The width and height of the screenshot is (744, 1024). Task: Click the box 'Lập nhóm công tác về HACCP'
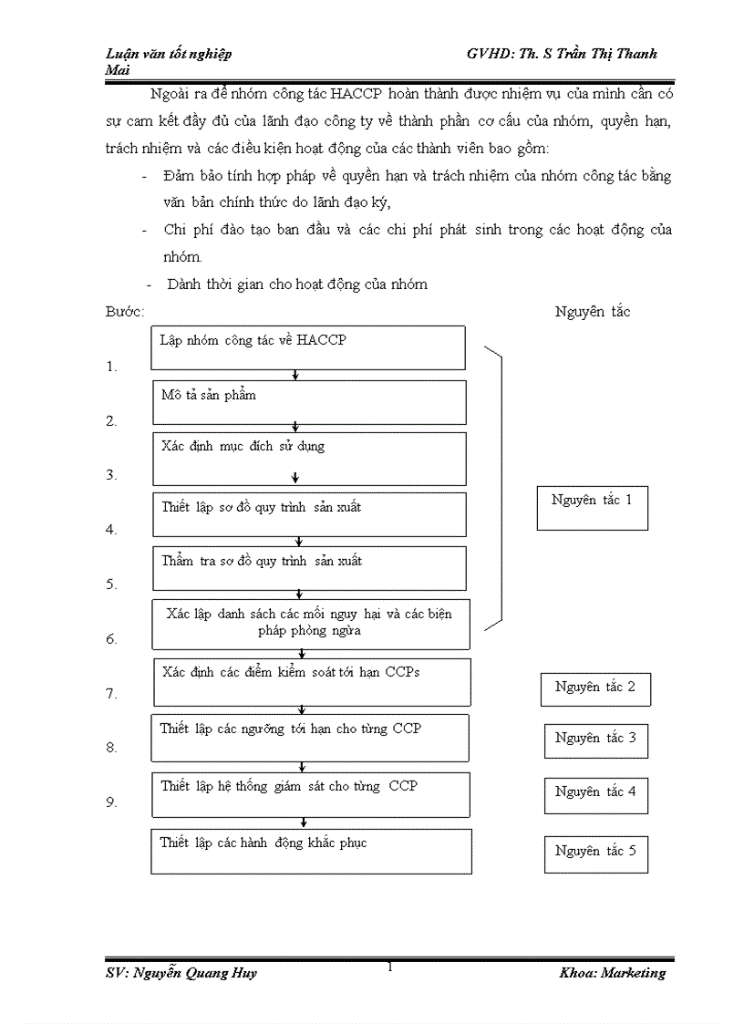pos(307,347)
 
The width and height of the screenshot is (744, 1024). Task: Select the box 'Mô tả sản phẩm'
pos(308,402)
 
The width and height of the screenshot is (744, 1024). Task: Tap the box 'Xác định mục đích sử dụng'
pos(308,458)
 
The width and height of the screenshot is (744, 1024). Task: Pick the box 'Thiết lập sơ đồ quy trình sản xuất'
pos(308,514)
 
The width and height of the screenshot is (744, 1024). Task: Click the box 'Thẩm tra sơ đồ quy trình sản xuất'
pos(308,568)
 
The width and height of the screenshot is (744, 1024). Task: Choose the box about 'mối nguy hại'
pos(308,623)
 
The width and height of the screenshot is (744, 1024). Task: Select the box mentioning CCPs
pos(311,682)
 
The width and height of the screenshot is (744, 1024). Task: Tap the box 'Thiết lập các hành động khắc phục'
pos(311,851)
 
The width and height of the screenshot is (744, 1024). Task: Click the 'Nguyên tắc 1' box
pos(592,508)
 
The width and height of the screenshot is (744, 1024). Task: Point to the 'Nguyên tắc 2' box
pos(594,688)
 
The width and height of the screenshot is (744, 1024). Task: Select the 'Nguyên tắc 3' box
pos(595,740)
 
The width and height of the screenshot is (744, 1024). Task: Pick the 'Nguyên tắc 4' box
pos(595,793)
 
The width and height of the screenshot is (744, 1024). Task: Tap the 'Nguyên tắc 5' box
pos(595,852)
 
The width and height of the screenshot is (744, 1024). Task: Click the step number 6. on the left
pos(111,639)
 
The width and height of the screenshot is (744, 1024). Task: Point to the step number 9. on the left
pos(111,802)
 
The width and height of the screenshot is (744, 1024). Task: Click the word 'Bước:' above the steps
pos(125,312)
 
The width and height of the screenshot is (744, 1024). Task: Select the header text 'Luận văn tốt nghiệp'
pos(169,54)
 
